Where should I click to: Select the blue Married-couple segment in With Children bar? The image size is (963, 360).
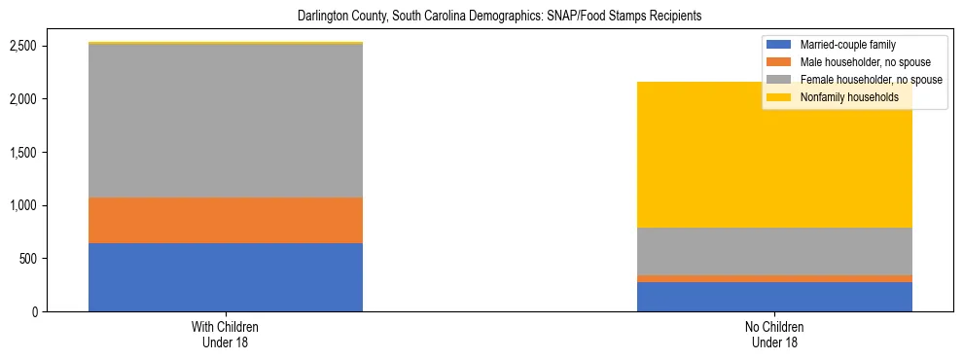(x=226, y=277)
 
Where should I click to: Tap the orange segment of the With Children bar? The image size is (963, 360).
(x=226, y=220)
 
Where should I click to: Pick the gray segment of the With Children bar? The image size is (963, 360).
(x=226, y=121)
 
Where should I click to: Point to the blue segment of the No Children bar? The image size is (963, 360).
(x=774, y=297)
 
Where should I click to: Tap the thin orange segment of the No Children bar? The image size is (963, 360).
(x=774, y=278)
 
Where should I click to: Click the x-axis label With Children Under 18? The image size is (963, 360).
(x=226, y=335)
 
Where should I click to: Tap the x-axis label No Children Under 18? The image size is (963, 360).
(x=774, y=335)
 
